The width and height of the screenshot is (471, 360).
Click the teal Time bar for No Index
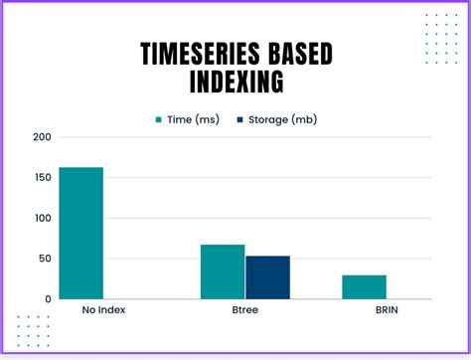tap(80, 233)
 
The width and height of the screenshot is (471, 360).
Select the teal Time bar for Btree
tap(223, 271)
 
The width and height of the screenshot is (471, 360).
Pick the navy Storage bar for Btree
tap(267, 277)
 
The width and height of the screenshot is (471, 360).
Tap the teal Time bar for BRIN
tap(364, 286)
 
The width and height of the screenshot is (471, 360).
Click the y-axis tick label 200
tap(41, 137)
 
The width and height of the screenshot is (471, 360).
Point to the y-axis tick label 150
tap(41, 178)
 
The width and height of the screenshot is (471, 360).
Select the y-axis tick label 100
tap(41, 219)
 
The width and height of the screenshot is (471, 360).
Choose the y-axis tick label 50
tap(44, 259)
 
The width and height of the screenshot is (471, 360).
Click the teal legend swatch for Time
tap(158, 119)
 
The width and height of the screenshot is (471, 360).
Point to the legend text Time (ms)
tap(193, 119)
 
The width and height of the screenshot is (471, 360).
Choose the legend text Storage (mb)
tap(283, 119)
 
